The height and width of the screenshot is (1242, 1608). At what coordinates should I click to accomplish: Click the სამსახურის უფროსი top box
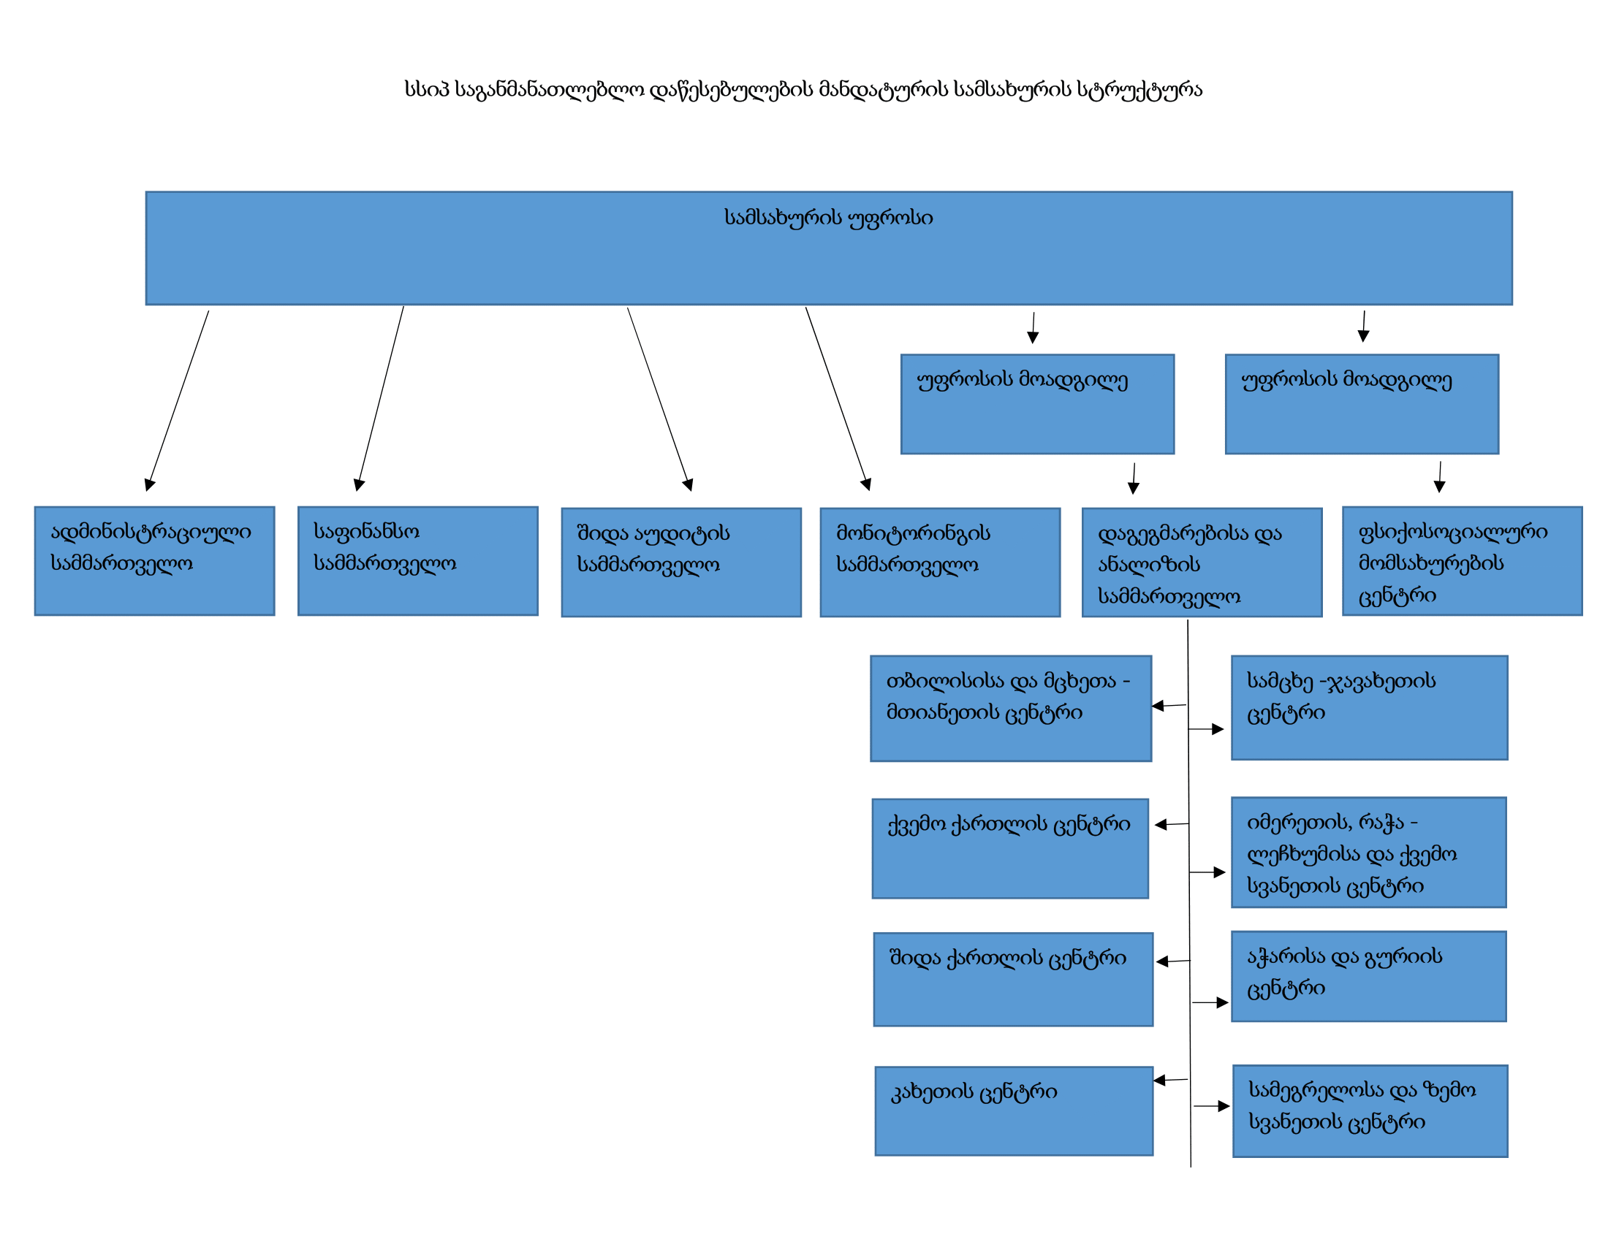pyautogui.click(x=828, y=248)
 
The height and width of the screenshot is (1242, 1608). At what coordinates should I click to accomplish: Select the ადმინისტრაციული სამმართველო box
pyautogui.click(x=155, y=560)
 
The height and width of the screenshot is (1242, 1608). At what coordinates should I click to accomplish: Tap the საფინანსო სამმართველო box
pyautogui.click(x=417, y=560)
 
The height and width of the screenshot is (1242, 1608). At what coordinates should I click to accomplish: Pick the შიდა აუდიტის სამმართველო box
pyautogui.click(x=681, y=562)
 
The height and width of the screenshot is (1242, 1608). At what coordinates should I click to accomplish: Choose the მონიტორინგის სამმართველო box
pyautogui.click(x=940, y=562)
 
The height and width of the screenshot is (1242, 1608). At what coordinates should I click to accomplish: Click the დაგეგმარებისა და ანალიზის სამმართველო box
pyautogui.click(x=1202, y=562)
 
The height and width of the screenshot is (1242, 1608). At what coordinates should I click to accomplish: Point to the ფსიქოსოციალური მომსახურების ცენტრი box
pyautogui.click(x=1463, y=560)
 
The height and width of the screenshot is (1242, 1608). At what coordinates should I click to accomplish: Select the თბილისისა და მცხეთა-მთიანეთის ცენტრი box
pyautogui.click(x=1011, y=709)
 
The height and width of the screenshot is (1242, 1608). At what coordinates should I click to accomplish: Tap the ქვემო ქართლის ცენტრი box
pyautogui.click(x=1010, y=848)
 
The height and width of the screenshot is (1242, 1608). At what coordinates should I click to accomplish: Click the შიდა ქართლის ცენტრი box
pyautogui.click(x=1013, y=979)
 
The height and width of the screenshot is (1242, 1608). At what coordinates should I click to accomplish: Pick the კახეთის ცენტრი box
pyautogui.click(x=1014, y=1111)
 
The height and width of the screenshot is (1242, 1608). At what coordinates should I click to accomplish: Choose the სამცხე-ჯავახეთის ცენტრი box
pyautogui.click(x=1370, y=708)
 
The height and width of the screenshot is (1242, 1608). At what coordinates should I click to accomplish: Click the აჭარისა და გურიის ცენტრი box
pyautogui.click(x=1369, y=976)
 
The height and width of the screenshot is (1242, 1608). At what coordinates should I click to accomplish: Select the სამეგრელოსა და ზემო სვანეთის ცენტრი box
pyautogui.click(x=1370, y=1111)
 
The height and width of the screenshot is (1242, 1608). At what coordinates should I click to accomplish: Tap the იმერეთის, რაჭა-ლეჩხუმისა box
pyautogui.click(x=1369, y=852)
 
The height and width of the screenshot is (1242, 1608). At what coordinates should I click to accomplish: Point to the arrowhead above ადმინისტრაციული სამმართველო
pyautogui.click(x=148, y=485)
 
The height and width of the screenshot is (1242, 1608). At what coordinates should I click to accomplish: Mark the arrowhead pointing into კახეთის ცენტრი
pyautogui.click(x=1160, y=1080)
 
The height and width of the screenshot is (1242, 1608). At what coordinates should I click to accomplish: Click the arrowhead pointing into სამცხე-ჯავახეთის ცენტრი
pyautogui.click(x=1218, y=729)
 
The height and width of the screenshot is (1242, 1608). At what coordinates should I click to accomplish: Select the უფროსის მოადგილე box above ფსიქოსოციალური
pyautogui.click(x=1362, y=404)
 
